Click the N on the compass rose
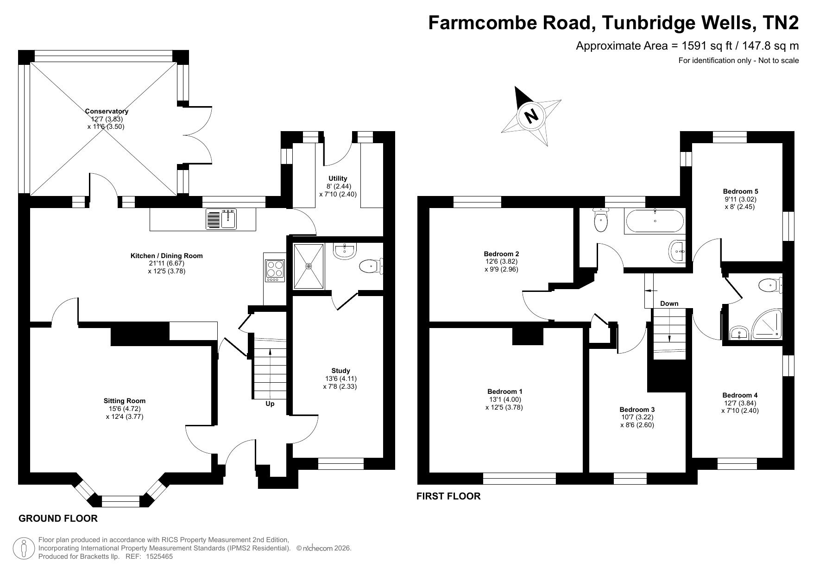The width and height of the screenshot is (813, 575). pos(532,115)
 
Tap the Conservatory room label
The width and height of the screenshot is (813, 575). pos(107,111)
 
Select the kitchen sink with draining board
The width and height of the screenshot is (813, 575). pos(221,219)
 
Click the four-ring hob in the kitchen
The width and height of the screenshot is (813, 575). pos(274,271)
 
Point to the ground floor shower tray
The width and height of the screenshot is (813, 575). pos(309,266)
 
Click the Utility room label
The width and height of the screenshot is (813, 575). pos(338,178)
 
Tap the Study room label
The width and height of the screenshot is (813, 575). pos(340,371)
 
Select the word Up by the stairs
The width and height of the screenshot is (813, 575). pos(270,404)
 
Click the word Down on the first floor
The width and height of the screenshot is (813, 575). pos(669,303)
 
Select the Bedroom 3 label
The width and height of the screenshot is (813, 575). pos(637,410)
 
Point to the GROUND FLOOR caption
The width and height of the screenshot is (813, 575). pos(58,518)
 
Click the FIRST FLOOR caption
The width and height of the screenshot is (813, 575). pos(448,496)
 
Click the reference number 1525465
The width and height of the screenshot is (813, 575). pos(159,556)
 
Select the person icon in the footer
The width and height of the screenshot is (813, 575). pos(24,549)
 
